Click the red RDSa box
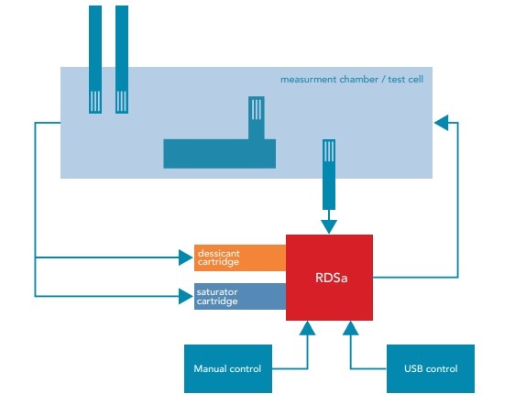[x=329, y=278]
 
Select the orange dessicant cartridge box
[x=240, y=257]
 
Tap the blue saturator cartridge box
[x=240, y=296]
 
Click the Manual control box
[x=228, y=368]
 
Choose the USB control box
[x=431, y=368]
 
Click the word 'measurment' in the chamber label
[x=309, y=80]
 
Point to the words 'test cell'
[x=406, y=80]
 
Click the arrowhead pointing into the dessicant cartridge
[x=186, y=257]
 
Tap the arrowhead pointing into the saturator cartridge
[x=186, y=296]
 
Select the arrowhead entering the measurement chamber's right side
[x=441, y=123]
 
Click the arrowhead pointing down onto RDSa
[x=329, y=227]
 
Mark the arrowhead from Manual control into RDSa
[x=307, y=328]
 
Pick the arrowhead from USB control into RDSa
[x=350, y=328]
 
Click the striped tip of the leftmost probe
[x=95, y=102]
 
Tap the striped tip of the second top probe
[x=122, y=102]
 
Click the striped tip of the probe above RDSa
[x=329, y=151]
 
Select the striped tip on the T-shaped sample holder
[x=257, y=108]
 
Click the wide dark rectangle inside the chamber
[x=219, y=154]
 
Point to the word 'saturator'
[x=217, y=292]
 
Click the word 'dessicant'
[x=219, y=254]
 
